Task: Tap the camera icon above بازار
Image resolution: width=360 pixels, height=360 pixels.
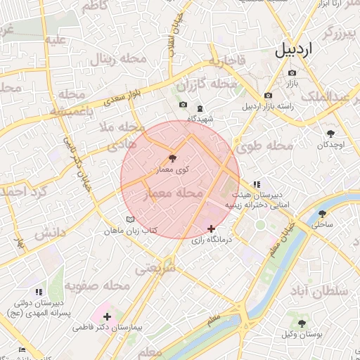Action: [x=292, y=72]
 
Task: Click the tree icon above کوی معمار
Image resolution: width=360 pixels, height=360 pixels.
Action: [x=173, y=157]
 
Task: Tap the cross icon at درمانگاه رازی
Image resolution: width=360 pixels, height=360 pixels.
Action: [x=211, y=229]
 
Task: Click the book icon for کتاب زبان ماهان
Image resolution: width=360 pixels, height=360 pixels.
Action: [x=129, y=219]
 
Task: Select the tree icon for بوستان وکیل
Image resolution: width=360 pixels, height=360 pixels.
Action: [x=302, y=323]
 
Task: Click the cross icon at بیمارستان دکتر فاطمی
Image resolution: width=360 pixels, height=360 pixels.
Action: [x=106, y=317]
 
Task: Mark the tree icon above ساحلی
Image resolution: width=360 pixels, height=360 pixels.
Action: [x=323, y=214]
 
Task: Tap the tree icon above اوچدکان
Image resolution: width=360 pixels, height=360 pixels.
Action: [x=330, y=133]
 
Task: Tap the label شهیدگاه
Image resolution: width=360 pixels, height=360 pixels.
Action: [x=201, y=119]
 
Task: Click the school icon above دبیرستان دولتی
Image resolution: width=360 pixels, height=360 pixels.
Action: [x=39, y=291]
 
